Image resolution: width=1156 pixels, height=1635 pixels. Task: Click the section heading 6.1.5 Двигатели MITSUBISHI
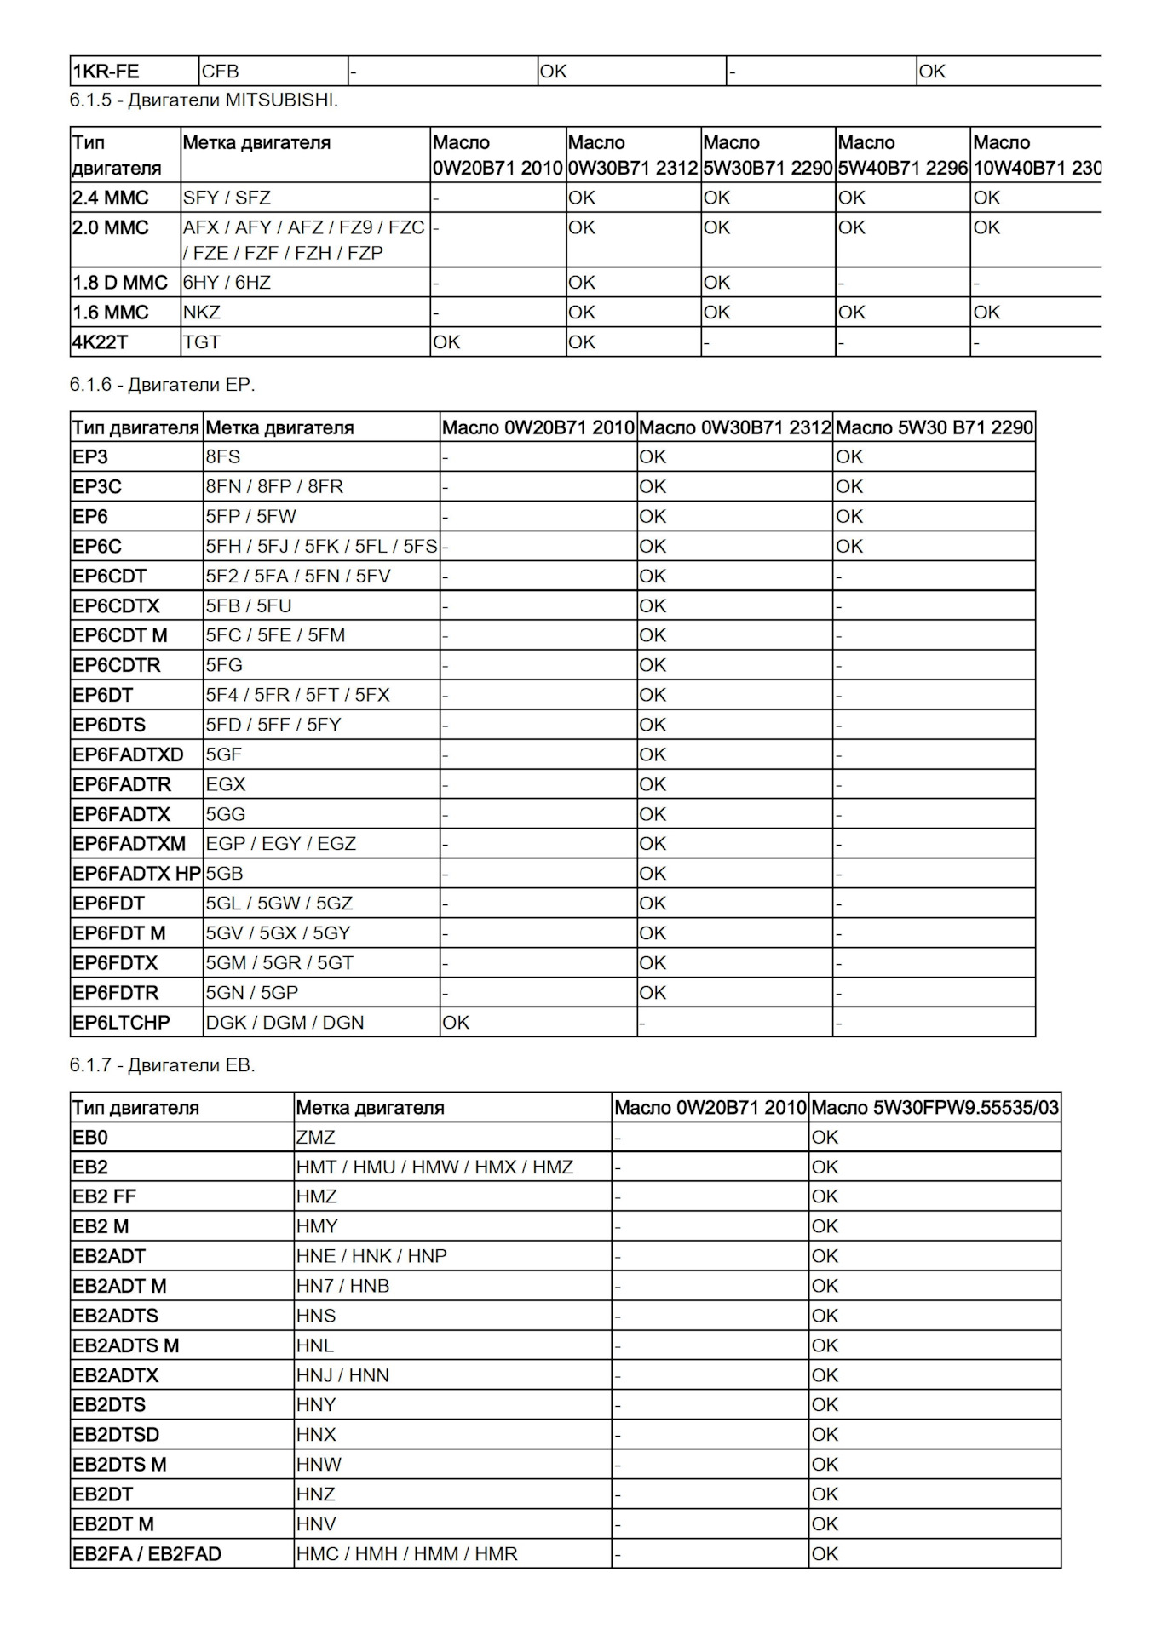click(204, 100)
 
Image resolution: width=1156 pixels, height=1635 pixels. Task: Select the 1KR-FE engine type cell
click(106, 72)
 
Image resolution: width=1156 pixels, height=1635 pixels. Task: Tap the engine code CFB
click(220, 72)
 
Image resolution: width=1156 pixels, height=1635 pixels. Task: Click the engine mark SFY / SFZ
click(227, 198)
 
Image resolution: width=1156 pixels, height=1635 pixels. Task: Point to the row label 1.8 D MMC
click(120, 282)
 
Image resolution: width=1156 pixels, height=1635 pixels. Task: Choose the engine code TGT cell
click(201, 341)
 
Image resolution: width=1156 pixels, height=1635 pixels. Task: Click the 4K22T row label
click(101, 341)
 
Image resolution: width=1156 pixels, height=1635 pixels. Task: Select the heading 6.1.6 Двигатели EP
click(162, 384)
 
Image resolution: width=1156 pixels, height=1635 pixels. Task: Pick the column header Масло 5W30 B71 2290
click(934, 427)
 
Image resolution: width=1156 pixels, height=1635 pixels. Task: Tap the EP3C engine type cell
click(97, 486)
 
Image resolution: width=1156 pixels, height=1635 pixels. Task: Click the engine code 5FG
click(224, 665)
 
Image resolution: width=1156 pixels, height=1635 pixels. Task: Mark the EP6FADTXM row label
click(129, 843)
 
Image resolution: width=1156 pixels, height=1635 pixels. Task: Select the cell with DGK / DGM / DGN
click(285, 1022)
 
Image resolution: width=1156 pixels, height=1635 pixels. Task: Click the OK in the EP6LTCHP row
click(456, 1022)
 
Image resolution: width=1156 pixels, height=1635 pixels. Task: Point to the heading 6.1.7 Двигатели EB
click(162, 1064)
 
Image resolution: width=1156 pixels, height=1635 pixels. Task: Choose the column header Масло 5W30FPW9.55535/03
click(935, 1108)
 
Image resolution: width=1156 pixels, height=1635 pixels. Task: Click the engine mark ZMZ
click(316, 1137)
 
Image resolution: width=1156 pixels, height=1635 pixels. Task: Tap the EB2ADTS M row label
click(126, 1345)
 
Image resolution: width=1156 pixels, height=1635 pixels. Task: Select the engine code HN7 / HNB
click(343, 1286)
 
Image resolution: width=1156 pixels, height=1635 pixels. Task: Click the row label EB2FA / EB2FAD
click(147, 1553)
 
